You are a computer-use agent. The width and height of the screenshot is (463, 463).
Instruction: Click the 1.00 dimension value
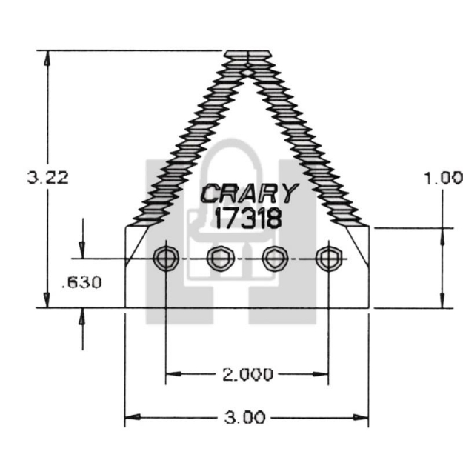coord(442,178)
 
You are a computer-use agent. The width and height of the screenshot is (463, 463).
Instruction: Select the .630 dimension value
coord(81,282)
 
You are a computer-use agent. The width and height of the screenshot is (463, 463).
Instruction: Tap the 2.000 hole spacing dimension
coord(247,374)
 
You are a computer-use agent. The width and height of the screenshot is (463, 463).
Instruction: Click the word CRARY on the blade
coord(249,194)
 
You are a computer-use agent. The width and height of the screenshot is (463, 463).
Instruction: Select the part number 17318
coord(247,218)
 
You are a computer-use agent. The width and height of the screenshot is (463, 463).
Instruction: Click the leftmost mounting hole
coord(164,259)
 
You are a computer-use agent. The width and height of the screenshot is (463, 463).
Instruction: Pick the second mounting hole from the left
coord(219,259)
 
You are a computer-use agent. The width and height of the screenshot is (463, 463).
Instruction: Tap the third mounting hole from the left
coord(275,259)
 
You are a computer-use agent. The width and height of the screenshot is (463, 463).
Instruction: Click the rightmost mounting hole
coord(328,259)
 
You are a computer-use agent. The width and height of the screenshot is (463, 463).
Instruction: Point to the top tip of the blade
coord(247,54)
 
